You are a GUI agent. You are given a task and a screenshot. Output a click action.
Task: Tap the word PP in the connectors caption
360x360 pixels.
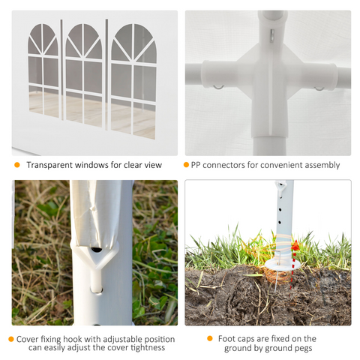[x=196, y=165]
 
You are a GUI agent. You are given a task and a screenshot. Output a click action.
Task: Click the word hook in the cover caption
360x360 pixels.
[x=72, y=339]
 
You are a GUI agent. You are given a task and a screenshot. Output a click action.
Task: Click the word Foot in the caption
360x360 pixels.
[x=226, y=339]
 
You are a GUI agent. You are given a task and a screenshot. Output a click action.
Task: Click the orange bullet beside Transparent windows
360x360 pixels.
[x=17, y=165]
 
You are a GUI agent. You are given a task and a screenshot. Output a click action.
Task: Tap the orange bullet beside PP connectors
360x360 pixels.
[x=186, y=165]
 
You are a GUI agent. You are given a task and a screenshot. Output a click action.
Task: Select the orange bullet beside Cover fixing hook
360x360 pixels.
[x=11, y=339]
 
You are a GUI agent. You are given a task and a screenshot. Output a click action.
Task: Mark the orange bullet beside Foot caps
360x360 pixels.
[x=210, y=338]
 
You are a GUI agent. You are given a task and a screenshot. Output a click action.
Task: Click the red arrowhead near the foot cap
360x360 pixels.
[x=295, y=245]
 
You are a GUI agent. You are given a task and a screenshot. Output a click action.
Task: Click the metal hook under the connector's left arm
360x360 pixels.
[x=218, y=87]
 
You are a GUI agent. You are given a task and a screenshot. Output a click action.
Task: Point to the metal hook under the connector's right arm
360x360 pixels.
[x=319, y=88]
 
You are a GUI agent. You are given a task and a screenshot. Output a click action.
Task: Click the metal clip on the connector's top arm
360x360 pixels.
[x=272, y=36]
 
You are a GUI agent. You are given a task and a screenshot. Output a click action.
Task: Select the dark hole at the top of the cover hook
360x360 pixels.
[x=96, y=249]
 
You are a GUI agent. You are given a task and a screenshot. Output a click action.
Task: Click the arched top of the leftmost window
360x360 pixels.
[x=43, y=39]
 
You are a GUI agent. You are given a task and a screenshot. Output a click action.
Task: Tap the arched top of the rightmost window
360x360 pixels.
[x=134, y=43]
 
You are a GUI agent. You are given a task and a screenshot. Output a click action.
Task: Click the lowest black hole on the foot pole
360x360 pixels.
[x=280, y=222]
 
